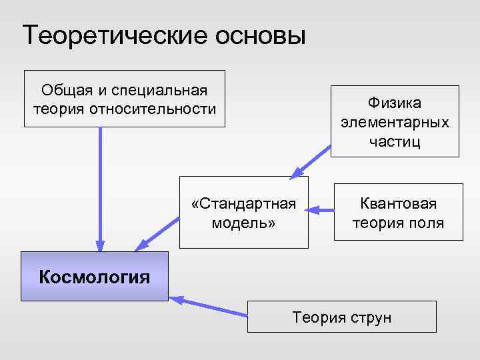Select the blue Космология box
(94, 276)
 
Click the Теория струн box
(341, 317)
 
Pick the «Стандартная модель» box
(244, 212)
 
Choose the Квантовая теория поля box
(398, 212)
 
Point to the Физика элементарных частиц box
(395, 121)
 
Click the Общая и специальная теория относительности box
(125, 99)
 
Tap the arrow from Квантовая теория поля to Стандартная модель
(322, 210)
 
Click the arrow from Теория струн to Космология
(208, 307)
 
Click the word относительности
(161, 109)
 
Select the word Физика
(395, 104)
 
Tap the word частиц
(395, 141)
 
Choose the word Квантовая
(398, 203)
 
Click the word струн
(369, 317)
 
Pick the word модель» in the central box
(244, 222)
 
